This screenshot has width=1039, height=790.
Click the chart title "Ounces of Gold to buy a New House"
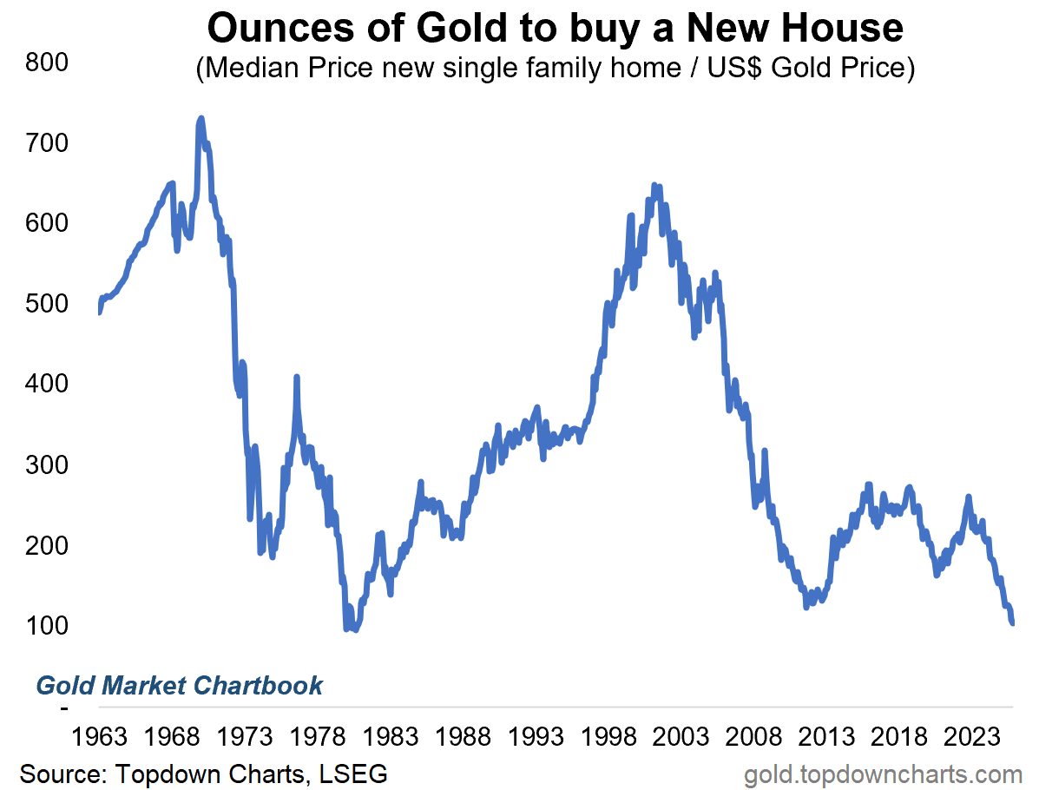pos(556,29)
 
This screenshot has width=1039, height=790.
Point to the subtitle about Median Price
pos(556,69)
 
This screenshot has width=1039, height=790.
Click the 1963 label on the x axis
pos(99,738)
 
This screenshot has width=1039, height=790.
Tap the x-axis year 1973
pos(245,738)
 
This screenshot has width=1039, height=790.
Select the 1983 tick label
pos(391,738)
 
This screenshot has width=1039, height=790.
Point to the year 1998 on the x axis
pos(610,738)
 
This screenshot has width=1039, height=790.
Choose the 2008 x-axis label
pos(756,738)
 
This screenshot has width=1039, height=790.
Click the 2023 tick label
pos(975,738)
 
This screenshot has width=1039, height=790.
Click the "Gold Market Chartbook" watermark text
pos(179,686)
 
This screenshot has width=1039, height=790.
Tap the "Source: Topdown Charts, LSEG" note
pos(203,774)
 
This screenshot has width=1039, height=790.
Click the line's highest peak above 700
pos(201,118)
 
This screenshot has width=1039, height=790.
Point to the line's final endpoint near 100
pos(1012,622)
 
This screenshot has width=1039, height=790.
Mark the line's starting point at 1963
pos(100,312)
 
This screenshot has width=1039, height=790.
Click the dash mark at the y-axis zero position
pos(64,708)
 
